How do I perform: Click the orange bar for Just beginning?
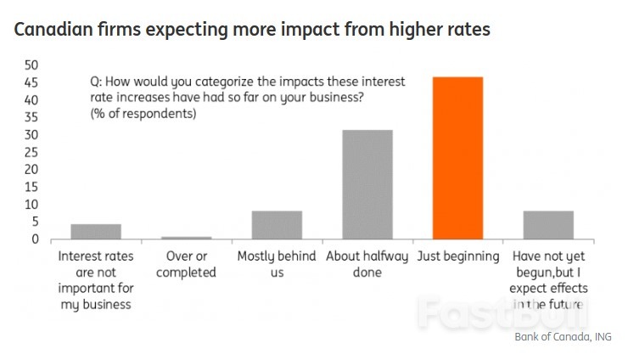tap(457, 158)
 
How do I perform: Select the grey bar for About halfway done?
tap(367, 184)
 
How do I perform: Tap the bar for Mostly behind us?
tap(277, 225)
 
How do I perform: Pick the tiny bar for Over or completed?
tap(187, 238)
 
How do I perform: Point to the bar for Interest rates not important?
tap(96, 232)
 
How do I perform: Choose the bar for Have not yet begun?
tap(548, 225)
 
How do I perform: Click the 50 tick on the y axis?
tap(31, 65)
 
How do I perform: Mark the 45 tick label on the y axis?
tap(31, 83)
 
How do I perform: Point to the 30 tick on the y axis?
tap(31, 135)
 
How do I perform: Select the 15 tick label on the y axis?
tap(31, 187)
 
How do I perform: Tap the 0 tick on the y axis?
tap(35, 239)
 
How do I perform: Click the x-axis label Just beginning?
tap(457, 256)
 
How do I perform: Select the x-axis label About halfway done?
tap(367, 264)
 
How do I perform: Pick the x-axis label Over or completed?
tap(187, 264)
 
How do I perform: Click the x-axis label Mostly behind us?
tap(277, 264)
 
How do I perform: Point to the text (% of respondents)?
tap(143, 115)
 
